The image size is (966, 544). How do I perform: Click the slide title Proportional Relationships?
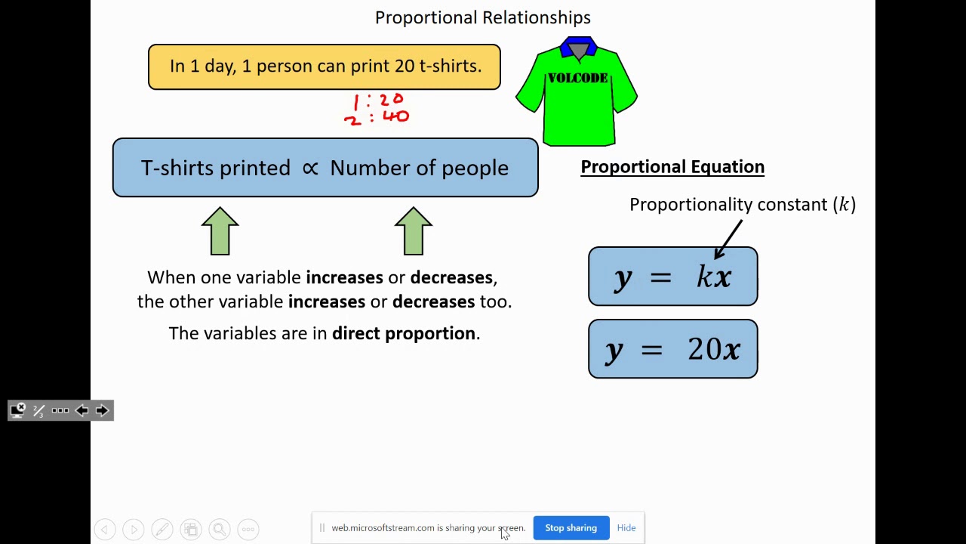[x=483, y=17]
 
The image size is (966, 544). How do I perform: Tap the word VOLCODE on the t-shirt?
[x=577, y=78]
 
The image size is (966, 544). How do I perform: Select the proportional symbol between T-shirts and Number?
[x=310, y=168]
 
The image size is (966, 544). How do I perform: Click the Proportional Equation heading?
[x=672, y=167]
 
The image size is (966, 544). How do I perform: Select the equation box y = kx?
[x=672, y=277]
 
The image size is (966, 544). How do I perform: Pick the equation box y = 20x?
[x=672, y=349]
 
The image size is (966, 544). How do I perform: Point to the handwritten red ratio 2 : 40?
[x=377, y=118]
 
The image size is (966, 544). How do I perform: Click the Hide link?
[x=626, y=528]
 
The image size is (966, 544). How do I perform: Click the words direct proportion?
[x=404, y=333]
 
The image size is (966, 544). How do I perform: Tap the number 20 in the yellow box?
[x=405, y=66]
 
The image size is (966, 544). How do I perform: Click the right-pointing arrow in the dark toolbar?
[x=102, y=410]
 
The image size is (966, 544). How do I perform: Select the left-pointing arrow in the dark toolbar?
[x=82, y=410]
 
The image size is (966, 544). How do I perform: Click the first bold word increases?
[x=344, y=277]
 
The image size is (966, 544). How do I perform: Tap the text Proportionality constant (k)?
[x=743, y=205]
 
